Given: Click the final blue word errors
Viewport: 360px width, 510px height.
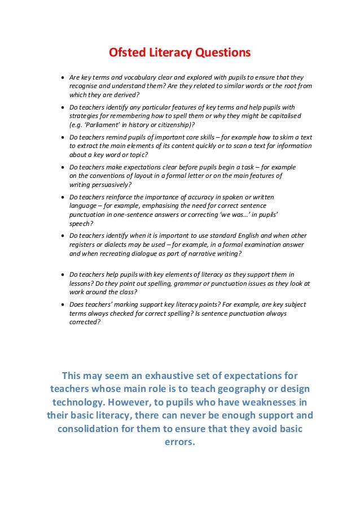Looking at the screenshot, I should pos(179,442).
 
